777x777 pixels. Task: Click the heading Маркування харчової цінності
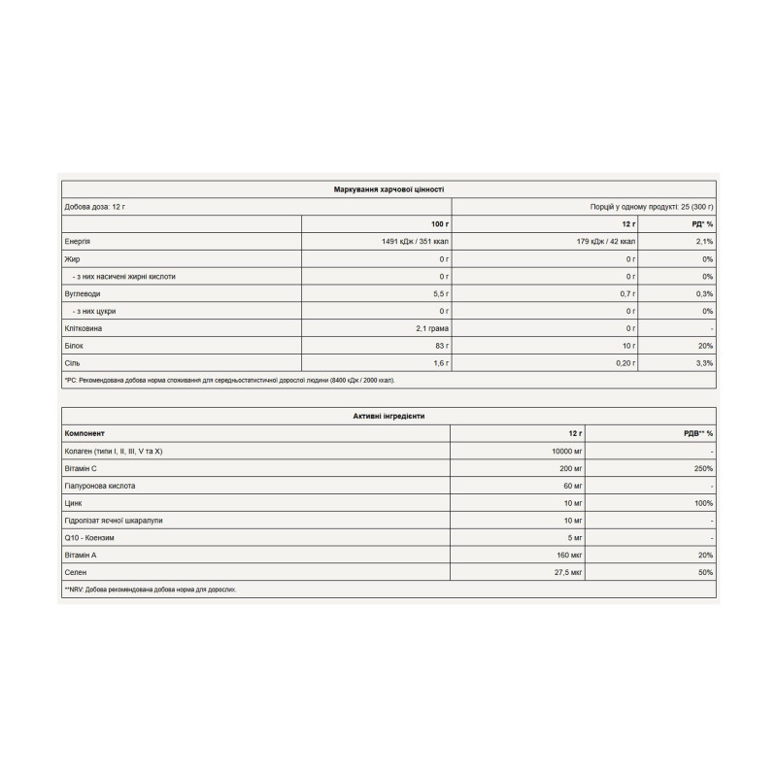click(x=388, y=190)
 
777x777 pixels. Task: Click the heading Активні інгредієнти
click(x=388, y=416)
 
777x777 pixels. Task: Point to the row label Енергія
click(x=78, y=242)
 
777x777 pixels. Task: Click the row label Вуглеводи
click(x=82, y=293)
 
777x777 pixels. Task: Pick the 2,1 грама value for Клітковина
click(x=429, y=328)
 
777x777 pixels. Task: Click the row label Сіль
click(x=72, y=362)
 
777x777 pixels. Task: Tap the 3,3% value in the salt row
click(x=705, y=362)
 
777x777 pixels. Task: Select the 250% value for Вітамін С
click(x=703, y=468)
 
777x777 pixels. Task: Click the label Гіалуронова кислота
click(x=100, y=486)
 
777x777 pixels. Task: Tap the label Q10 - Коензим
click(x=93, y=537)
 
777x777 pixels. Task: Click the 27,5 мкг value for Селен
click(x=565, y=573)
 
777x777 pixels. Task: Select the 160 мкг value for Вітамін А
click(x=567, y=555)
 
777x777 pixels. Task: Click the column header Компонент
click(x=84, y=433)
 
